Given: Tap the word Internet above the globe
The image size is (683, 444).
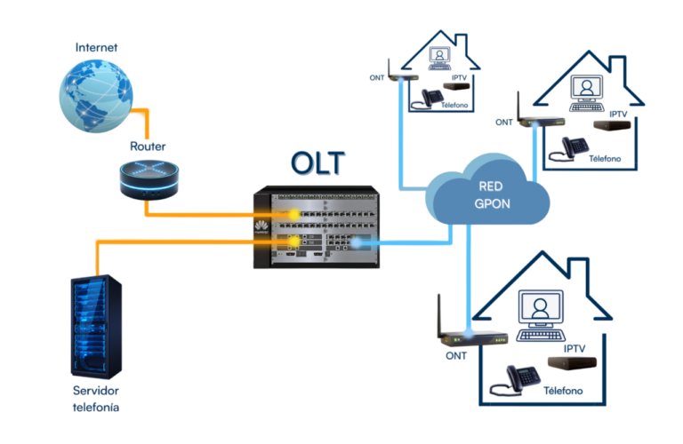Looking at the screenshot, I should tap(95, 46).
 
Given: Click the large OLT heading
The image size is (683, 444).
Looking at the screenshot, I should tap(317, 163).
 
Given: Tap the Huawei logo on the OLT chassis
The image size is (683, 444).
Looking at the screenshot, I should tap(262, 225).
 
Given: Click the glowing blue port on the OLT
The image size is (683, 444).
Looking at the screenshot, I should tap(356, 242).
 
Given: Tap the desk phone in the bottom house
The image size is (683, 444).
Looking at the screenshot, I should tap(523, 377).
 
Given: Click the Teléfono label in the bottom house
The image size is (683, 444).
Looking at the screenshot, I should tap(563, 391).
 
